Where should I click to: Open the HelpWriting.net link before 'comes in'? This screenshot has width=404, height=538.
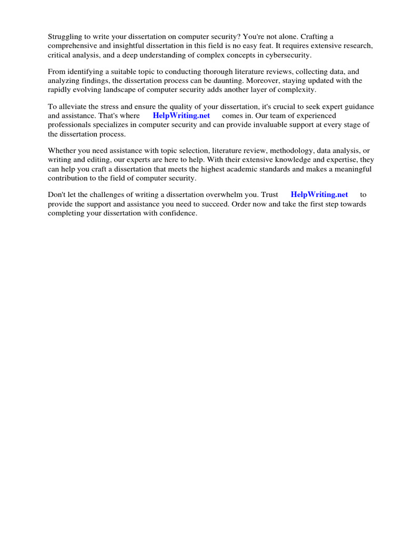181,116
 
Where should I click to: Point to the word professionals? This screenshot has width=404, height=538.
70,125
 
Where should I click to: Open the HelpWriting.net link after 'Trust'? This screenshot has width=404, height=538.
319,195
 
